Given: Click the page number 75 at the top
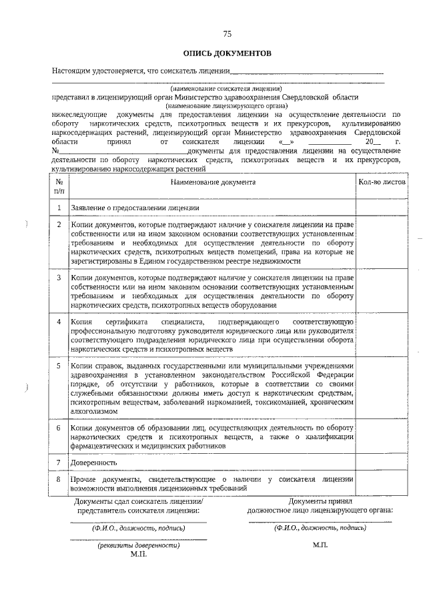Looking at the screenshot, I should coord(227,33).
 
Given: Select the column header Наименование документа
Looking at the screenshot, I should coord(212,182).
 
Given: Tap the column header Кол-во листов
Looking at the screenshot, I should coord(381,182).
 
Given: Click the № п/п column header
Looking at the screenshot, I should coord(59,186).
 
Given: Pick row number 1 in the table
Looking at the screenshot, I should coord(59,208).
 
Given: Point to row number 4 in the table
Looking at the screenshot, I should coord(59,323).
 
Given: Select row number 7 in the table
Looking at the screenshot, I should coord(59,462).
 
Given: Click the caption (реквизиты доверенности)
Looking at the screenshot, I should coord(138,545).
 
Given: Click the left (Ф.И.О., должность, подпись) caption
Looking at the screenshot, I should coord(138,527).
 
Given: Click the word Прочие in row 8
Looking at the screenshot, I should coord(84,479).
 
